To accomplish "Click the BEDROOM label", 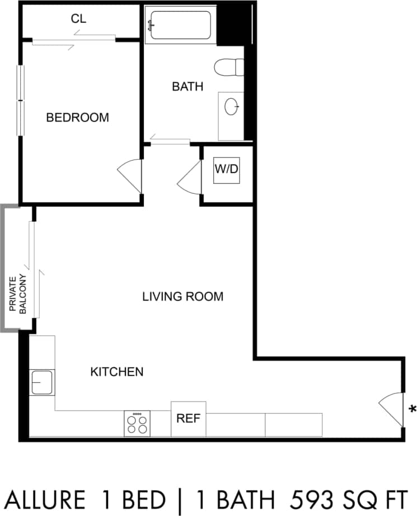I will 77,118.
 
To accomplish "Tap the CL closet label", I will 78,18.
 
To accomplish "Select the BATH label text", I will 187,87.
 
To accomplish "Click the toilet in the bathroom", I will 229,67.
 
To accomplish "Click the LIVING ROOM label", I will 182,296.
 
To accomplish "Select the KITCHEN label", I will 117,371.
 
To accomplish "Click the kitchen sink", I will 42,383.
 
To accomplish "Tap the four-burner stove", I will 137,424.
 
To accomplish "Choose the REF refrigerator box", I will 189,419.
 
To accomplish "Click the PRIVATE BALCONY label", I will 18,294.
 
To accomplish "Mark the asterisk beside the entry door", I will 413,408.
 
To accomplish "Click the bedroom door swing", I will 130,176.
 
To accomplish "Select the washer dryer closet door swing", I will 189,178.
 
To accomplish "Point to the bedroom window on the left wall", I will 21,100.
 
